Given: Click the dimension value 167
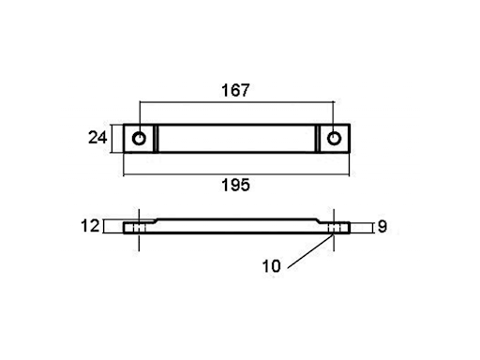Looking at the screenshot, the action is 235,90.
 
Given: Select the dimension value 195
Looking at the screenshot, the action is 235,185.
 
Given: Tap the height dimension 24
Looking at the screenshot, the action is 97,138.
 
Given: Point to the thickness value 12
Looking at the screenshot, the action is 90,226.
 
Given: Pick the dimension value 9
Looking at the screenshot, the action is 382,226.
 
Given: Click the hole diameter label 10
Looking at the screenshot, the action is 271,266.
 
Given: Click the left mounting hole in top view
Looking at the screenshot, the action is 139,138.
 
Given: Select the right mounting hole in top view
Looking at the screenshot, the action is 334,138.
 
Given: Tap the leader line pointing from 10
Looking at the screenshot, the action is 310,251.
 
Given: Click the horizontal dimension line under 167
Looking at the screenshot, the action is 236,101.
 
